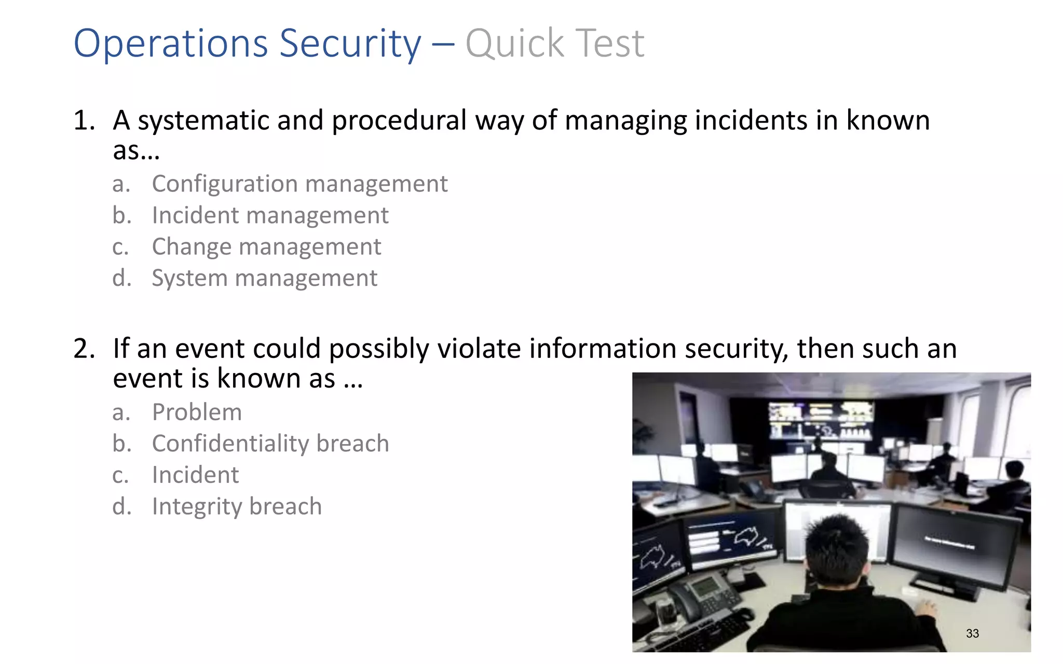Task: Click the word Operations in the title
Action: pyautogui.click(x=171, y=44)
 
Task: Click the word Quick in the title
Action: pyautogui.click(x=514, y=44)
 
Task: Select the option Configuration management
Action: pyautogui.click(x=299, y=184)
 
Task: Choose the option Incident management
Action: pyautogui.click(x=270, y=215)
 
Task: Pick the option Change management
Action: pyautogui.click(x=266, y=247)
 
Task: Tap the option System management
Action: pyautogui.click(x=264, y=279)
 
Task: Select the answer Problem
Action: pyautogui.click(x=197, y=412)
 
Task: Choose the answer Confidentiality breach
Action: pyautogui.click(x=270, y=444)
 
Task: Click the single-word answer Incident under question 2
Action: pyautogui.click(x=195, y=475)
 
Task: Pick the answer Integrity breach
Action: pyautogui.click(x=237, y=507)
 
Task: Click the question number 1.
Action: pyautogui.click(x=83, y=121)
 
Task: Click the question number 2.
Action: pyautogui.click(x=83, y=349)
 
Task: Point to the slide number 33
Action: pyautogui.click(x=972, y=633)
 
